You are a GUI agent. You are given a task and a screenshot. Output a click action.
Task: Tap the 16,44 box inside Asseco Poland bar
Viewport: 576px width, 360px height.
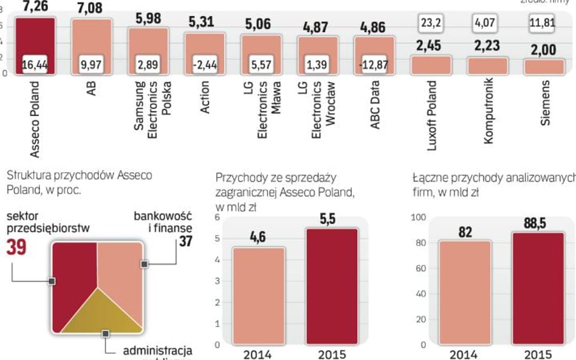click(35, 64)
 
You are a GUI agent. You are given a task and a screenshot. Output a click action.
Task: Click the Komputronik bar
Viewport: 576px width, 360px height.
click(485, 66)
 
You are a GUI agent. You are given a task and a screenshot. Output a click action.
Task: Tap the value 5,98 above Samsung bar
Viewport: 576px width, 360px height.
click(148, 19)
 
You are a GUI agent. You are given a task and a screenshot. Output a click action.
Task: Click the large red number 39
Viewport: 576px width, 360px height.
click(16, 248)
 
